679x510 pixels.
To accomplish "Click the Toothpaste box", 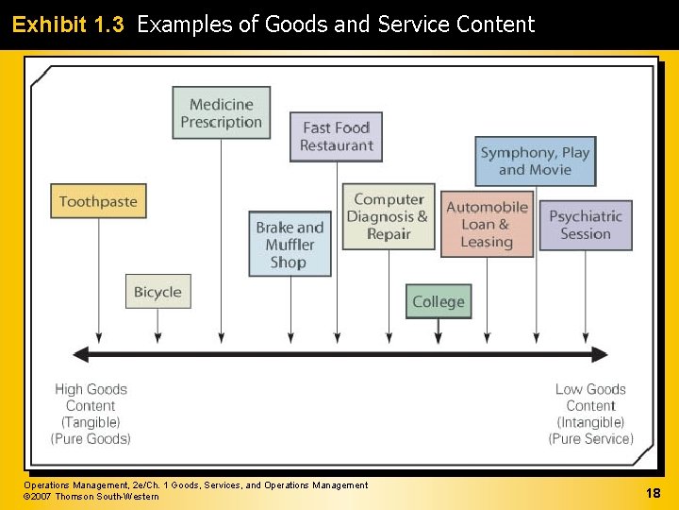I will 98,201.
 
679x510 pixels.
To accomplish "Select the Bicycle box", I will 157,292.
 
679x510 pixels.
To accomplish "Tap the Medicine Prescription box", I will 221,113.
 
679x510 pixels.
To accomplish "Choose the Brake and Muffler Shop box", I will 290,245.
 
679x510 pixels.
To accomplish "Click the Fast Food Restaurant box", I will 337,137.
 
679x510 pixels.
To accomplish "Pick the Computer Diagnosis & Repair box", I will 388,217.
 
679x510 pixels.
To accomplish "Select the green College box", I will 439,302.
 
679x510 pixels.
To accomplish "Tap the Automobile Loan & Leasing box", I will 487,225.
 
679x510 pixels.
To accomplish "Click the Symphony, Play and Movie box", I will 535,161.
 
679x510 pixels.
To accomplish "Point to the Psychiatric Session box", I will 586,225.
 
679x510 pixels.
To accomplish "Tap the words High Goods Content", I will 91,397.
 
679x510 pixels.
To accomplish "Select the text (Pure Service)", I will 590,439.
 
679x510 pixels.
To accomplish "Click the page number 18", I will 653,493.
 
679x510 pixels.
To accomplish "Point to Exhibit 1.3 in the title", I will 68,25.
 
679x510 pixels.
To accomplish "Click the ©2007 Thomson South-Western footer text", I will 91,497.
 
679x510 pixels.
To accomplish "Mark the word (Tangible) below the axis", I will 91,422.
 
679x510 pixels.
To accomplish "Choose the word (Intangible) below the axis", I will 590,422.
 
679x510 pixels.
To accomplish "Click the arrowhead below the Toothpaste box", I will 98,336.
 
